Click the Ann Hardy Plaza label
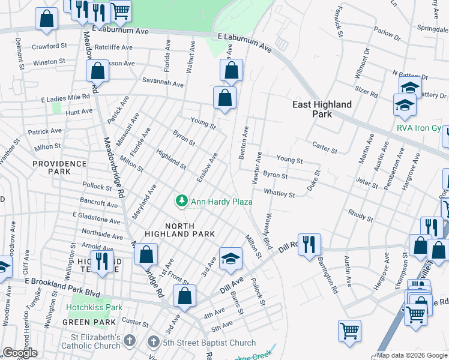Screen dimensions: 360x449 tap(221, 202)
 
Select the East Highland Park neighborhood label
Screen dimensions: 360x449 tap(322, 109)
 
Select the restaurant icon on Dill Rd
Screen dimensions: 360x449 tap(309, 244)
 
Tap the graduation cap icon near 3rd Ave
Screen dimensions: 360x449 tap(231, 259)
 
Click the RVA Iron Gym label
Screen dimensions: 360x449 tap(421, 128)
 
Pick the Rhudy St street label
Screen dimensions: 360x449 tap(360, 213)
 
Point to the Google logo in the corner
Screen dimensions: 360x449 tap(20, 353)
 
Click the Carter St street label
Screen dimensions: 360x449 tap(326, 145)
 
